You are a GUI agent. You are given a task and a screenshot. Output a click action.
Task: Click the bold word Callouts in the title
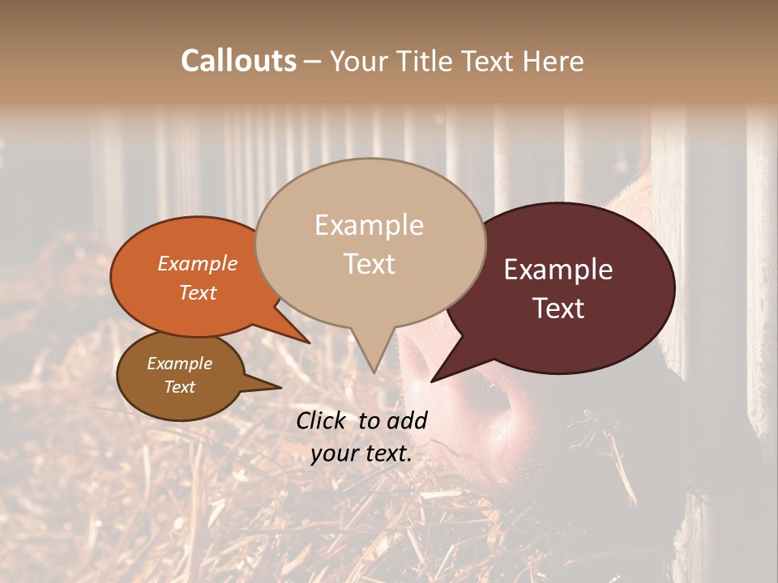[238, 62]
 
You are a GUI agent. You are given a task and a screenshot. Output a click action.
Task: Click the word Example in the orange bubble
[198, 264]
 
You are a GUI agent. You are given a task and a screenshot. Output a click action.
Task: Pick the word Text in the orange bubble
[198, 293]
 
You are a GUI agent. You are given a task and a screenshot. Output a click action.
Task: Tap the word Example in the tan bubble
[369, 226]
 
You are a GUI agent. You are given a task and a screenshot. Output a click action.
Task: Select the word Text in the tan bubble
[369, 264]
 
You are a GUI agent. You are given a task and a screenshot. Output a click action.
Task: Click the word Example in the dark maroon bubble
[558, 270]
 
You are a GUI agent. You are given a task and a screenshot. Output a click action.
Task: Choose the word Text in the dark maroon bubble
[558, 309]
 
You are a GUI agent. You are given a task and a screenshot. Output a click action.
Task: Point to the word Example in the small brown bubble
[179, 364]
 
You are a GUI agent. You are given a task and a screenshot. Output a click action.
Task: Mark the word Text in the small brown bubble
[179, 387]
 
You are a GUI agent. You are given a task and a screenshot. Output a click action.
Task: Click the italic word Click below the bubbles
[323, 421]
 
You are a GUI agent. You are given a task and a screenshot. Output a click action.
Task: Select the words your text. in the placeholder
[361, 454]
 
